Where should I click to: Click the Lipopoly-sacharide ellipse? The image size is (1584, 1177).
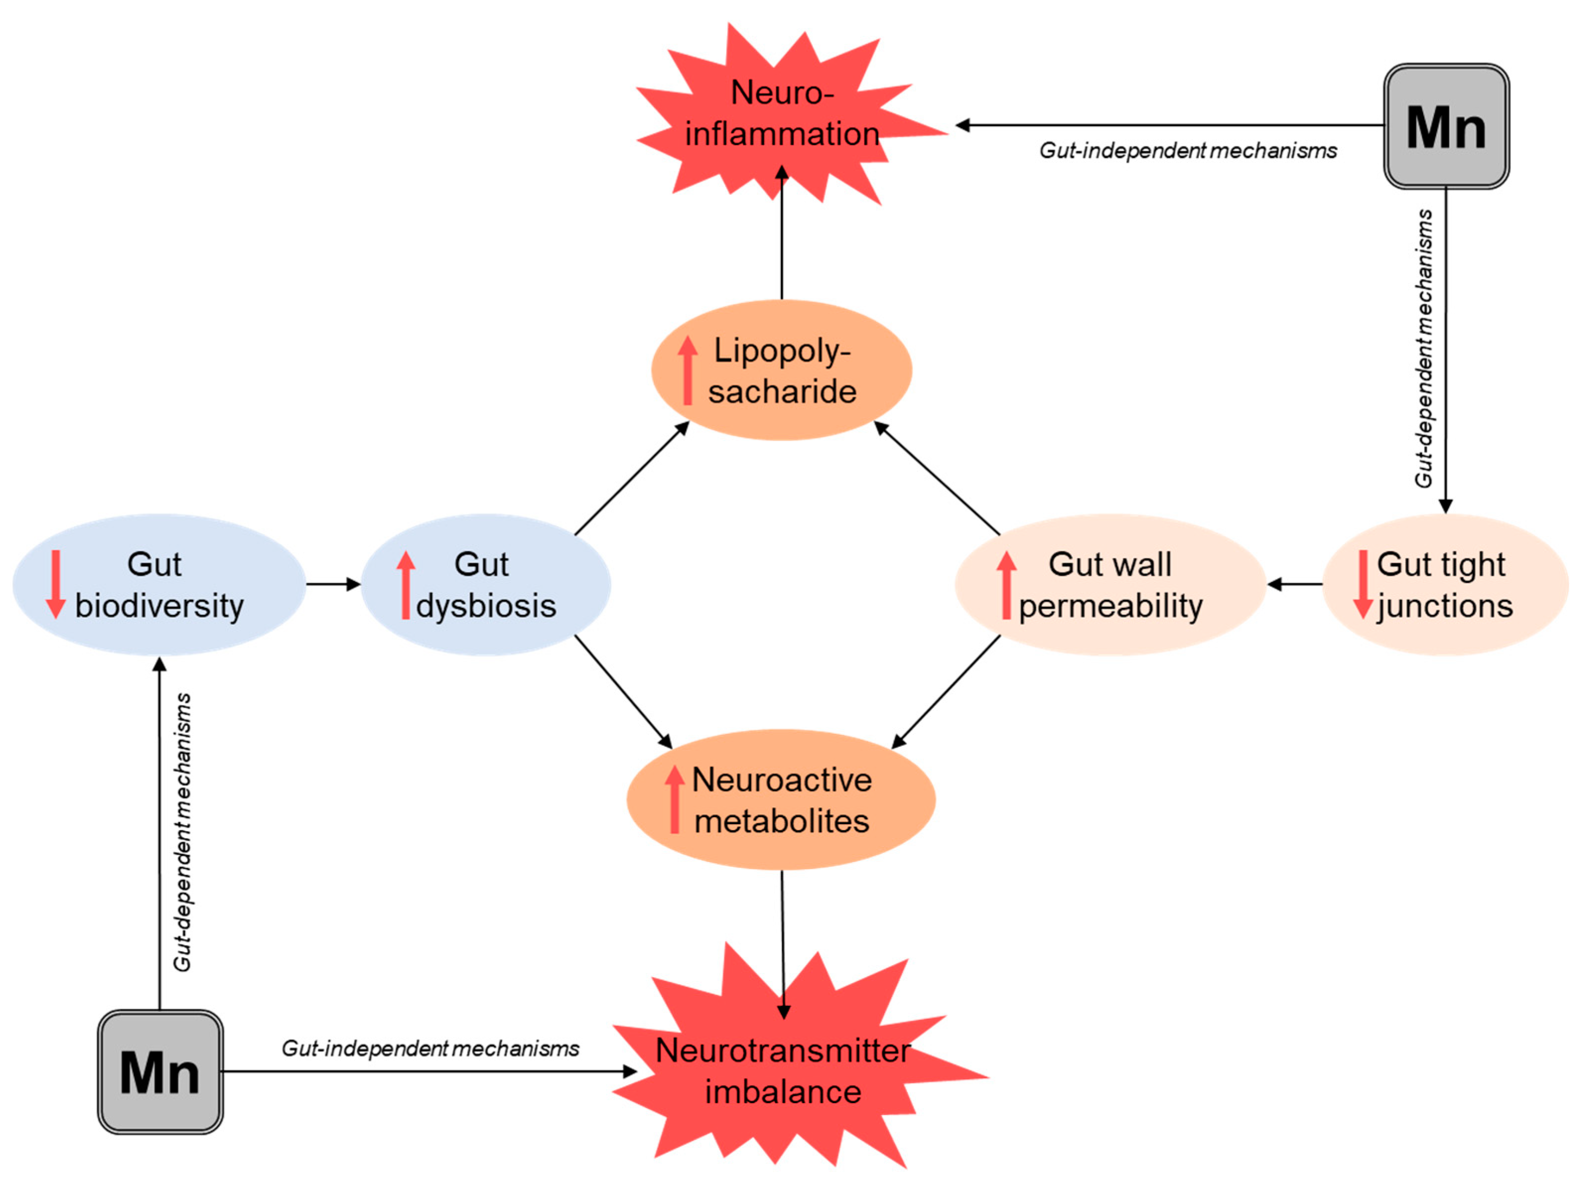782,371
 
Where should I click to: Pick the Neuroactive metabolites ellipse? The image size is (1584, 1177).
782,799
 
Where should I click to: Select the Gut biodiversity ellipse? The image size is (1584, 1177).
159,584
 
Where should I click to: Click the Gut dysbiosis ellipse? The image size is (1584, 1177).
486,584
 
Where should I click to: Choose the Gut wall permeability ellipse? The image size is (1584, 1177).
1110,584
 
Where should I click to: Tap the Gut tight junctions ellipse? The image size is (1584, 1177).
1445,584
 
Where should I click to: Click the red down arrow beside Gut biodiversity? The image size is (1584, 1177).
56,584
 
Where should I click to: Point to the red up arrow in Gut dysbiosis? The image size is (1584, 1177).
405,584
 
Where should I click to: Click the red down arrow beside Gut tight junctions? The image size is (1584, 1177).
1362,584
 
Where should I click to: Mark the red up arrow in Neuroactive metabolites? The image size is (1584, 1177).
674,799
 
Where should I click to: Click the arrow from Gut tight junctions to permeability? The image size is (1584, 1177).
1294,584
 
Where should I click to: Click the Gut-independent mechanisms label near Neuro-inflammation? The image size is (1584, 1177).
1188,150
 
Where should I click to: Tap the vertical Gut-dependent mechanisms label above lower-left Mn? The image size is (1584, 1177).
183,832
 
